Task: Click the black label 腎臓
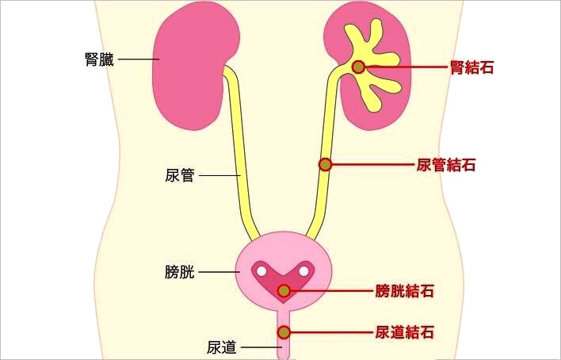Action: [x=100, y=59]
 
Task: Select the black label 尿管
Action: [x=180, y=175]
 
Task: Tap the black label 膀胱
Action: [x=180, y=272]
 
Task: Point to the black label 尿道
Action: [x=222, y=347]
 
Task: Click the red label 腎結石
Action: [x=471, y=67]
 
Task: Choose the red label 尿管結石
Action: [x=446, y=165]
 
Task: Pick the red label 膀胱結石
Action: [x=405, y=291]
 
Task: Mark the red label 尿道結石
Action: [x=405, y=332]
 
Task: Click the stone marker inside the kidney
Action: [x=358, y=67]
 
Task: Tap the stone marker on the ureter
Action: [x=325, y=164]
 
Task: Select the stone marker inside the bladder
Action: [x=284, y=291]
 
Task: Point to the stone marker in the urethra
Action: [x=284, y=332]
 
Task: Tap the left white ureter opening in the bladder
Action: [x=261, y=271]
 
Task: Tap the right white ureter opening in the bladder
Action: [x=304, y=271]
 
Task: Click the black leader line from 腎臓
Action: [x=139, y=59]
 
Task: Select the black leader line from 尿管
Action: [x=219, y=175]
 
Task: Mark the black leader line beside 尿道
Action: [x=261, y=347]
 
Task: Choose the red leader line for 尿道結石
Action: [x=331, y=332]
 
